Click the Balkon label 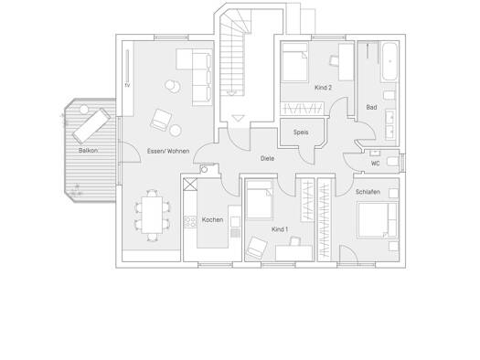88,151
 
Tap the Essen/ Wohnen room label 168,151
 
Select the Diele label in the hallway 267,158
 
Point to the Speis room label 301,132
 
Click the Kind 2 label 324,88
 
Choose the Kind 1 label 280,229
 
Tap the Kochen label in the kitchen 212,219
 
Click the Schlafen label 368,192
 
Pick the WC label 375,164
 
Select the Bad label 371,107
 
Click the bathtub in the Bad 389,61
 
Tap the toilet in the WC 393,161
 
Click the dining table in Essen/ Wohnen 152,215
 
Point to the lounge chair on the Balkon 91,126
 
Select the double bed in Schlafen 379,219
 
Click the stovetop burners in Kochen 190,222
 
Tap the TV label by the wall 127,85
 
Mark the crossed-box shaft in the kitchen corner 190,185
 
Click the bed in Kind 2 294,62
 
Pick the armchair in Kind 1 257,248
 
